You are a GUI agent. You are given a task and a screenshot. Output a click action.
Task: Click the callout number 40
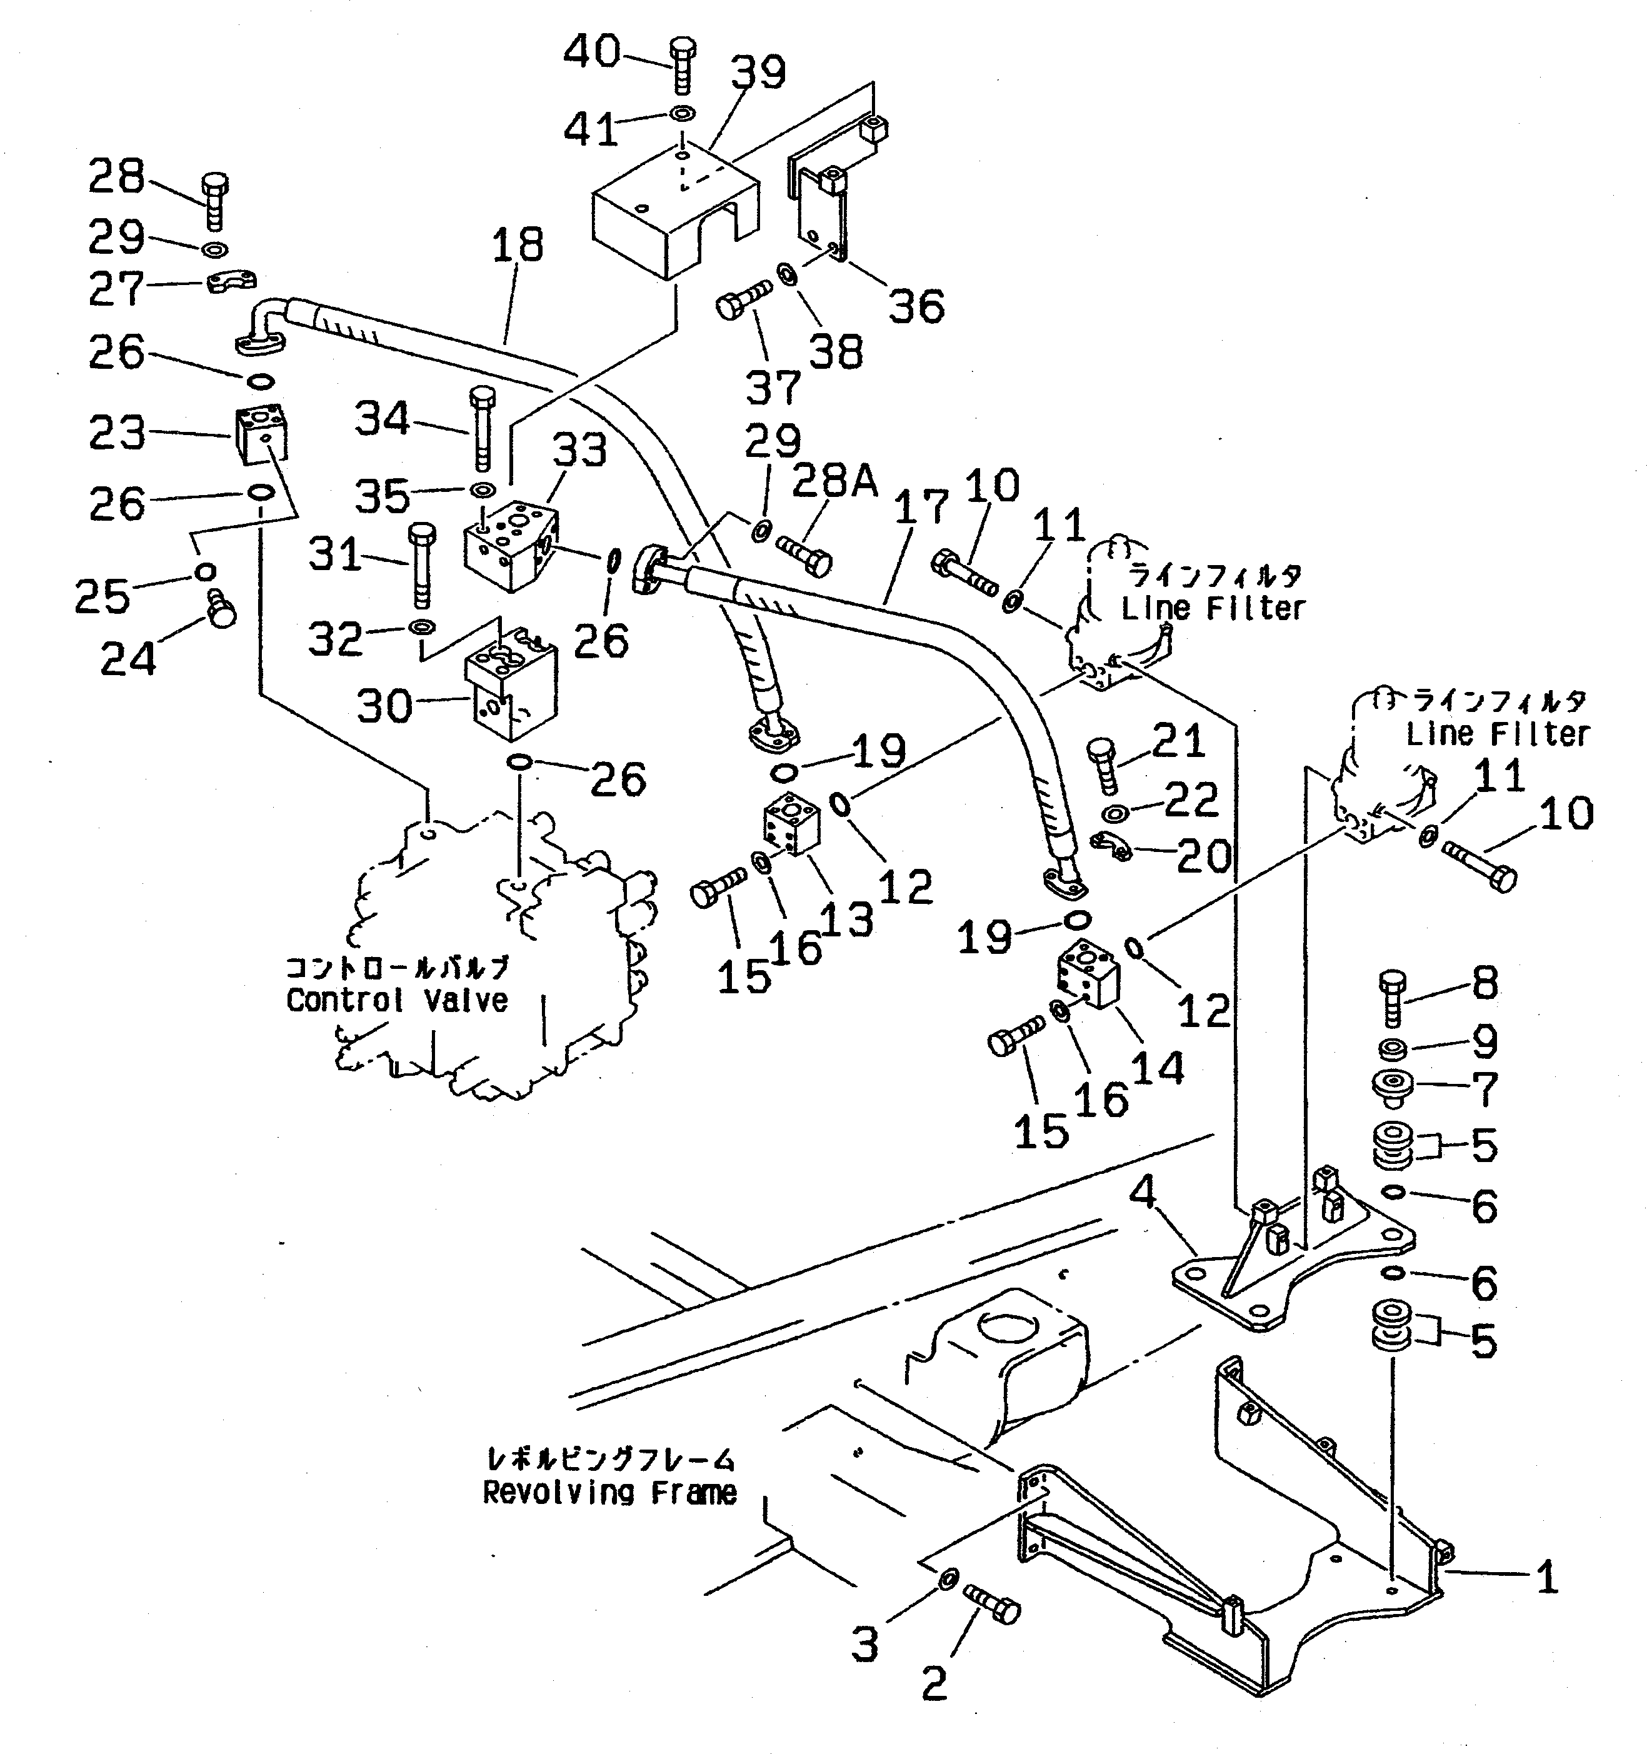pos(592,51)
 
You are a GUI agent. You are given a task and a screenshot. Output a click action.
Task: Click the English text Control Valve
pos(397,1001)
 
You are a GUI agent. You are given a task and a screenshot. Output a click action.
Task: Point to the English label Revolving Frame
pos(609,1493)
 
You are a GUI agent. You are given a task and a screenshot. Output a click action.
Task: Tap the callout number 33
pos(579,450)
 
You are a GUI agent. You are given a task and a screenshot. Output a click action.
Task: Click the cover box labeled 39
pos(672,212)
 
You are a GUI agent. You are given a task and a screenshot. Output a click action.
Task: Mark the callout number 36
pos(916,306)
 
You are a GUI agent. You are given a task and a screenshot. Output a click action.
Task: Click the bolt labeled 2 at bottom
pos(993,1611)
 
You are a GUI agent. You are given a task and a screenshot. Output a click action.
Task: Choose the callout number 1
pos(1546,1576)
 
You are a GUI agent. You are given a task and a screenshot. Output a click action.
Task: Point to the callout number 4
pos(1143,1193)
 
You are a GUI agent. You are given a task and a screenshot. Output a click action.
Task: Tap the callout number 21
pos(1179,740)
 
